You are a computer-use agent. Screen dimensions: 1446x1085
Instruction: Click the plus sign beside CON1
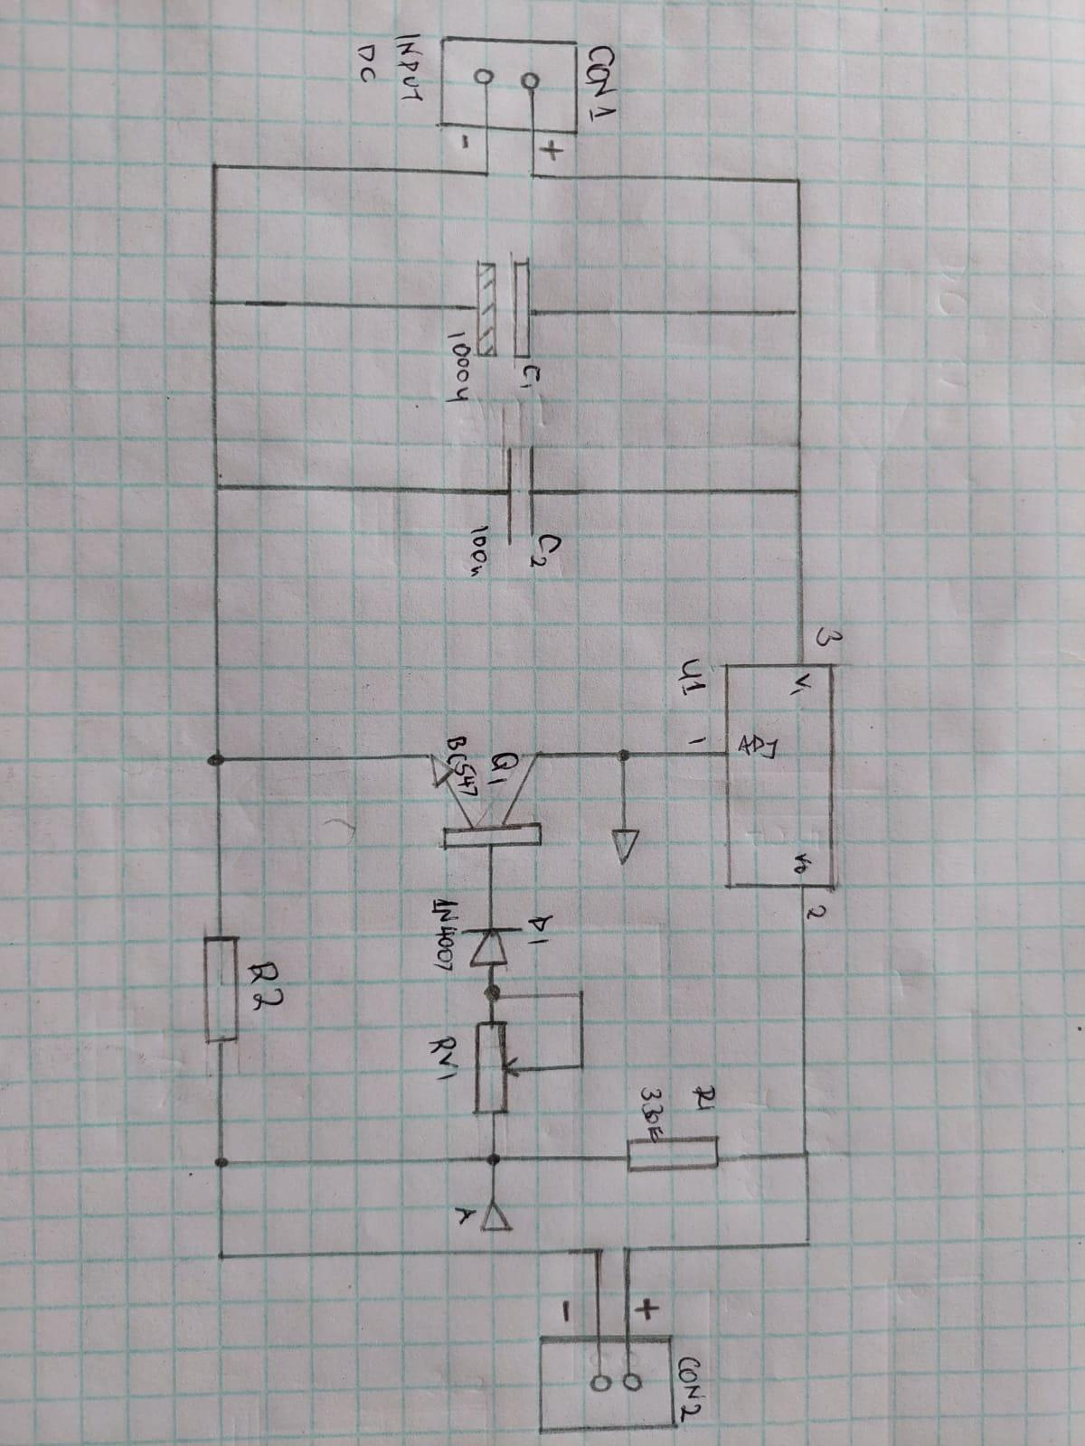click(x=549, y=154)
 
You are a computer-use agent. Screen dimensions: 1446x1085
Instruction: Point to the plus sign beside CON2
click(x=648, y=1307)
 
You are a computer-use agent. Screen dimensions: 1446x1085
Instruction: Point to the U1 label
click(x=695, y=676)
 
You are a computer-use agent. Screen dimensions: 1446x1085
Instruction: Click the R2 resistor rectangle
click(x=221, y=990)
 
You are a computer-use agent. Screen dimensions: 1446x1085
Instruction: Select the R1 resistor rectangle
click(x=672, y=1154)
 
